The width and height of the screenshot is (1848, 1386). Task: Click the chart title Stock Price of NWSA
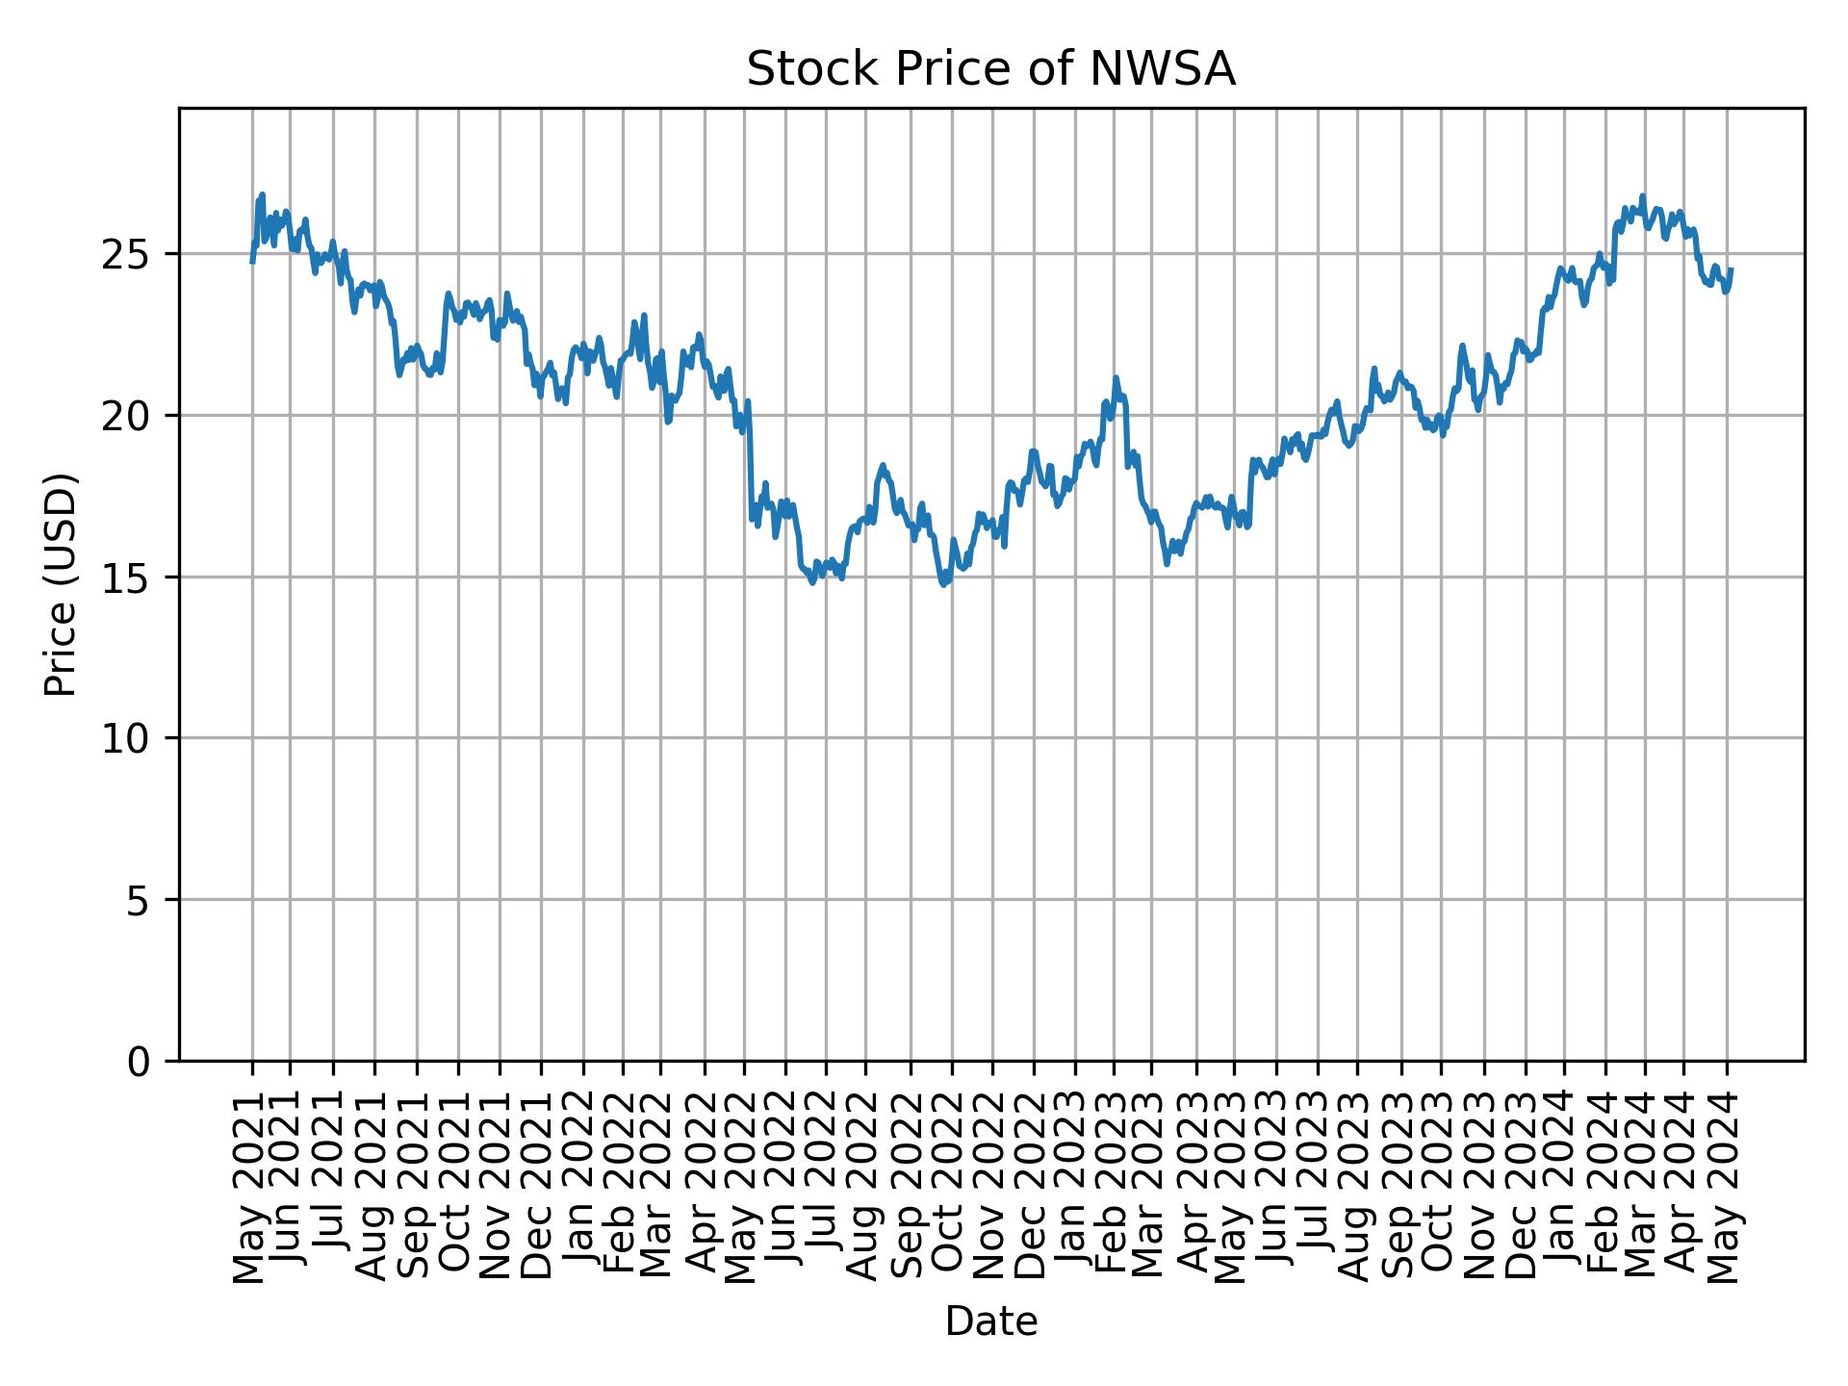click(990, 70)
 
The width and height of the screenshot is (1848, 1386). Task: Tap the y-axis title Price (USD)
click(61, 584)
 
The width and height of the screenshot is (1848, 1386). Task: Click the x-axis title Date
click(990, 1322)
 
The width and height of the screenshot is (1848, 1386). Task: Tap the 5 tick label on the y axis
click(141, 900)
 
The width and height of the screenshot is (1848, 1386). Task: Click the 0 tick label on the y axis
click(141, 1061)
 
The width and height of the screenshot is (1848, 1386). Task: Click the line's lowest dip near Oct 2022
click(944, 584)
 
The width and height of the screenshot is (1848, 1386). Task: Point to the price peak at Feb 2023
click(1116, 378)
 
